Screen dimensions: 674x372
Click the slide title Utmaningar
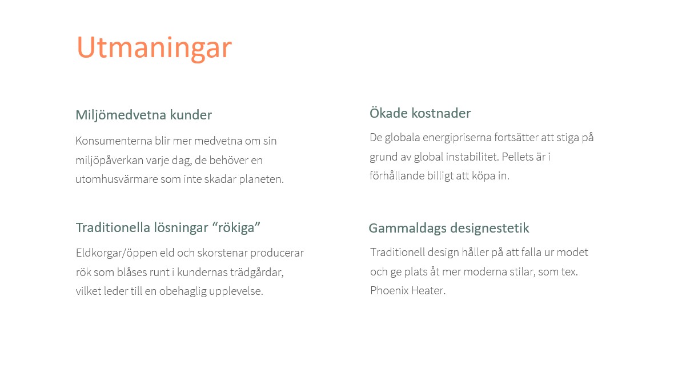point(154,48)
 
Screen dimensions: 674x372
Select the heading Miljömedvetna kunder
point(143,115)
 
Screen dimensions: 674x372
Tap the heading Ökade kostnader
point(420,113)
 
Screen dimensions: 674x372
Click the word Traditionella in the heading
point(111,227)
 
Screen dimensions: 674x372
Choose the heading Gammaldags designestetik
point(449,228)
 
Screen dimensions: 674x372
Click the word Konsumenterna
point(114,141)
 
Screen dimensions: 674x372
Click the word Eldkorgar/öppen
point(116,253)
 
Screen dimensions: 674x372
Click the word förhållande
point(397,175)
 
